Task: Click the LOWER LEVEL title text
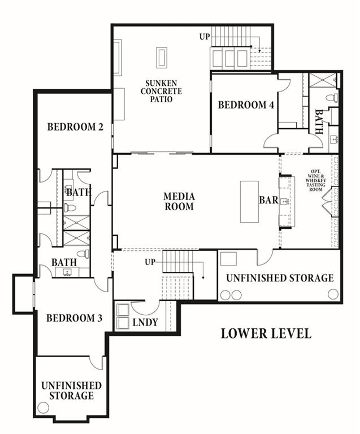click(x=266, y=333)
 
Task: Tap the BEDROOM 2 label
click(x=75, y=127)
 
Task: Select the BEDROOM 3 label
click(x=74, y=318)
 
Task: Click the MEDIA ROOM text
click(x=179, y=201)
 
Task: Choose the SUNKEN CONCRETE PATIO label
click(x=162, y=91)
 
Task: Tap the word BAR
click(x=268, y=201)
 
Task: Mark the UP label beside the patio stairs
click(x=205, y=37)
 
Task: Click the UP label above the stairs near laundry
click(x=150, y=262)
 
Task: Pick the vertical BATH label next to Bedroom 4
click(x=319, y=121)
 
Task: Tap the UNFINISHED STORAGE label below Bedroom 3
click(x=71, y=390)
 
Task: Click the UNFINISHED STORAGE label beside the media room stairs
click(x=280, y=278)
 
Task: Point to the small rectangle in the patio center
click(x=162, y=58)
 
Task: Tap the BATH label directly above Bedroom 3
click(x=64, y=262)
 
